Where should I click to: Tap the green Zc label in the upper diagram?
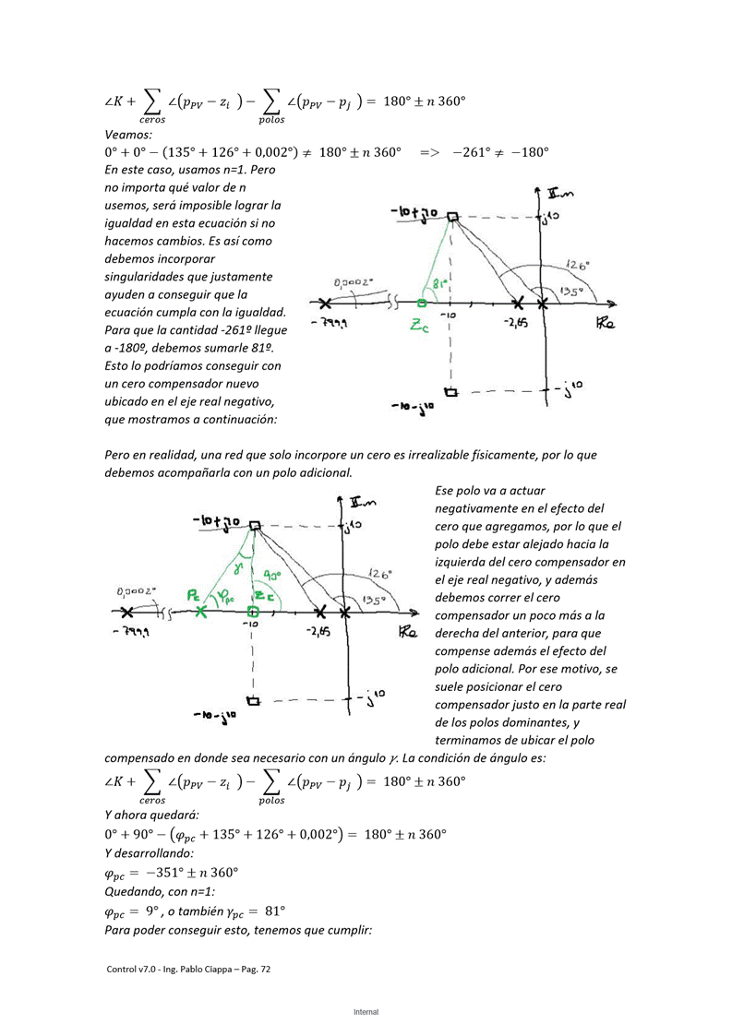[x=420, y=326]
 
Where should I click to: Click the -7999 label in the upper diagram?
[x=330, y=324]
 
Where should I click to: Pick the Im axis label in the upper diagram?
[x=559, y=194]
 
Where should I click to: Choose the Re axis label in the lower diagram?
[x=409, y=633]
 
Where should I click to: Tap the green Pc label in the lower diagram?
[x=194, y=596]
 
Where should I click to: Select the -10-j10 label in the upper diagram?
[x=414, y=406]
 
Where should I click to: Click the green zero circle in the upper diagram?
[x=421, y=303]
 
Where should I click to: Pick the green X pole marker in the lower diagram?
[x=200, y=612]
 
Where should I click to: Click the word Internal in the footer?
[x=366, y=1012]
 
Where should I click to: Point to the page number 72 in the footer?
[x=264, y=970]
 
